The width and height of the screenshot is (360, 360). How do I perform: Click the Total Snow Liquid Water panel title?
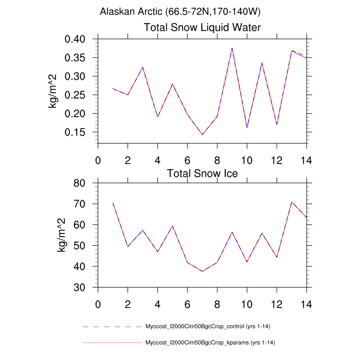pos(202,27)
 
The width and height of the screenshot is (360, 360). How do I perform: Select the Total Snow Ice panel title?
pos(202,173)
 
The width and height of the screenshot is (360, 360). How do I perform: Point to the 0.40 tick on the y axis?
pos(79,39)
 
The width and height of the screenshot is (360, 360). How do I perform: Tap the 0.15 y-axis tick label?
pos(79,132)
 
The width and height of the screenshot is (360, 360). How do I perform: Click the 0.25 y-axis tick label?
pos(79,95)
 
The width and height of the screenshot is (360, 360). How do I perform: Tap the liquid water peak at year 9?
pos(232,48)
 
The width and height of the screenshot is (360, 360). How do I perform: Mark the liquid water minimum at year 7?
pos(202,135)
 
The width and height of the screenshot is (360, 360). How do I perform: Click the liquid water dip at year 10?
pos(247,128)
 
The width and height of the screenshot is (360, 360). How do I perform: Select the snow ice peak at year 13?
pos(292,202)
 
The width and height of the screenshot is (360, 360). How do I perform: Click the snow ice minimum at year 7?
pos(202,271)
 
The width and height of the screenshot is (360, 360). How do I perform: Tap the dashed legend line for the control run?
pos(112,327)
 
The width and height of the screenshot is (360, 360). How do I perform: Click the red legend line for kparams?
pos(112,342)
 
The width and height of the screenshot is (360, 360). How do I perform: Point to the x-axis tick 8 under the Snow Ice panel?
pos(217,303)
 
